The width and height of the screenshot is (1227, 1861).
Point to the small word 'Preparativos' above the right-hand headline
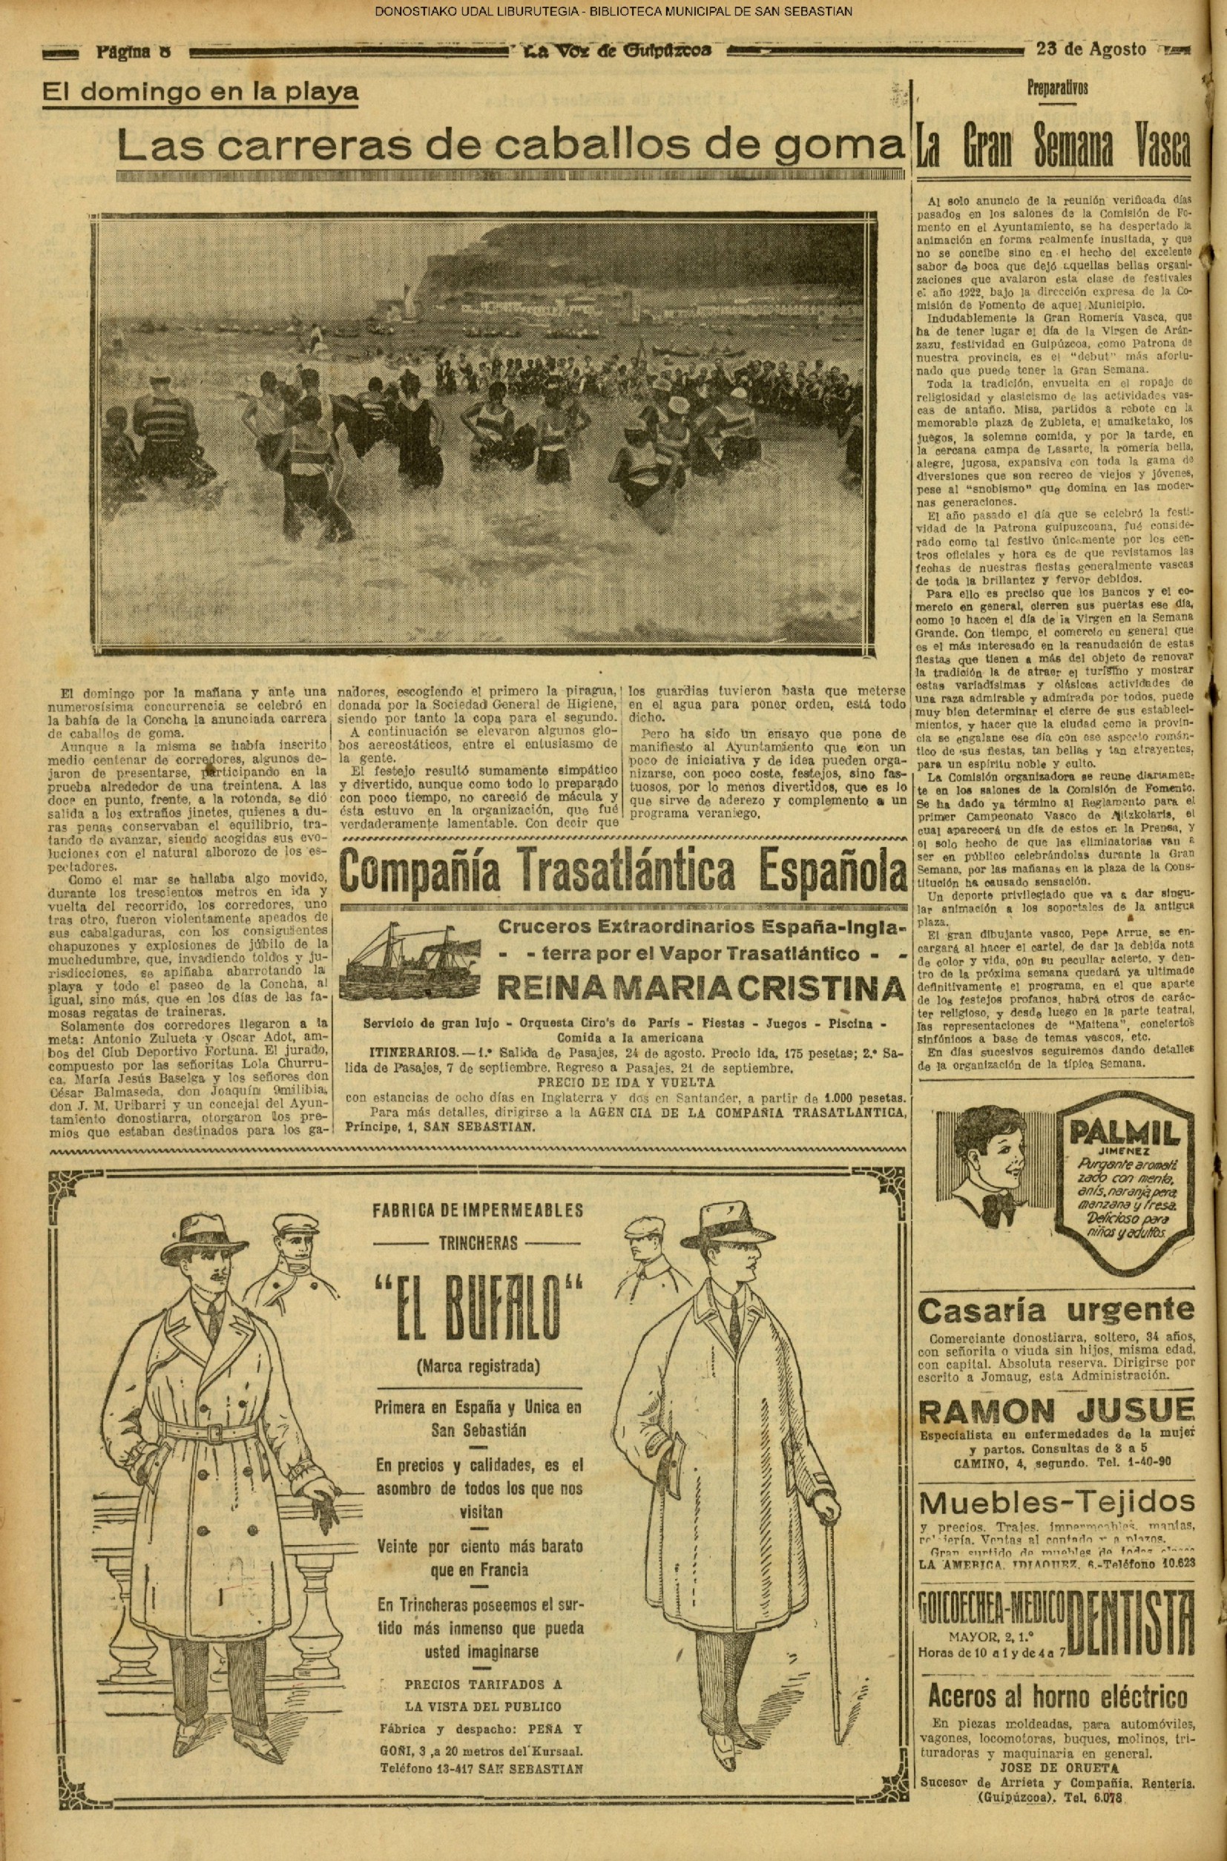tap(1057, 88)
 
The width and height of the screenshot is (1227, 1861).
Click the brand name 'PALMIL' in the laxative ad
tap(1119, 1132)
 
